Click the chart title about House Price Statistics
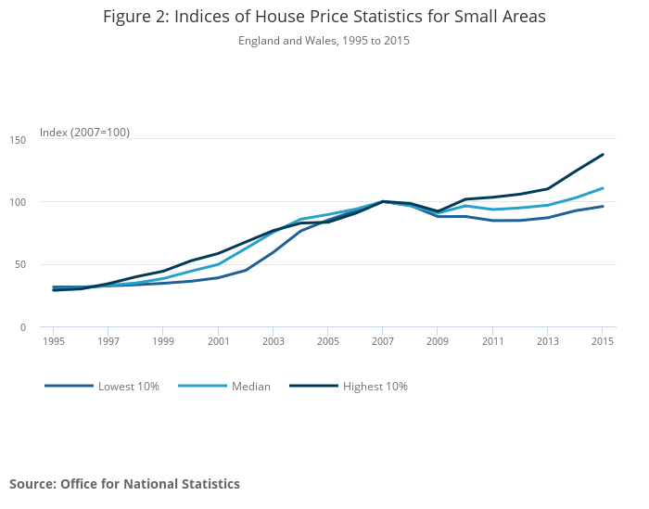point(324,17)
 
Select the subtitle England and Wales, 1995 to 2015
point(324,41)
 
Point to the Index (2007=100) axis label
point(84,133)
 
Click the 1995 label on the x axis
point(53,341)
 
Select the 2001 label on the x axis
point(218,341)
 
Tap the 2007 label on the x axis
point(383,341)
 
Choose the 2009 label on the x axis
point(438,341)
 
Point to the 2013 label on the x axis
point(548,341)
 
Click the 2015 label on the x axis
point(603,341)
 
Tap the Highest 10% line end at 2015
point(603,154)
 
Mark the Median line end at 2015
point(603,188)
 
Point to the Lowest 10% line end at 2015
point(603,206)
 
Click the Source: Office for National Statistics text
point(124,484)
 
